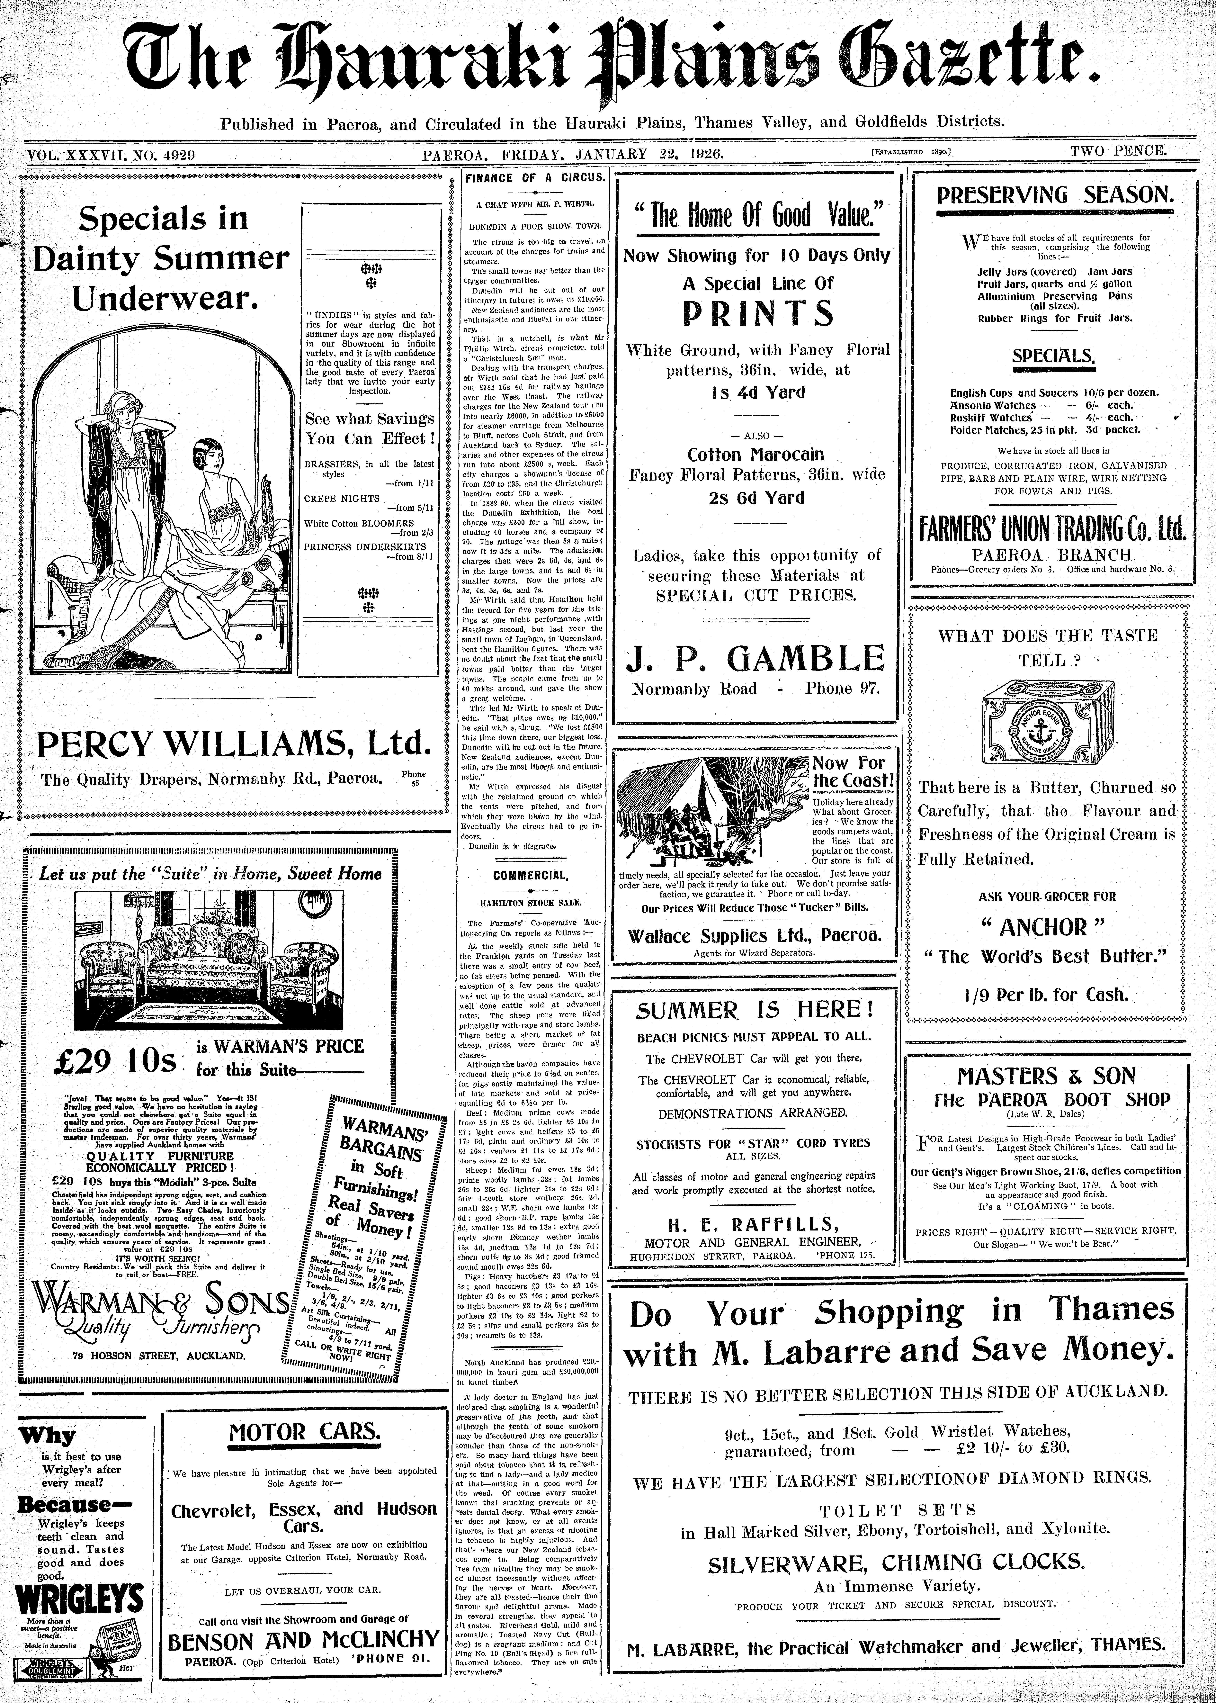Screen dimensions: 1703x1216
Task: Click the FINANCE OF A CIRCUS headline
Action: click(535, 178)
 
